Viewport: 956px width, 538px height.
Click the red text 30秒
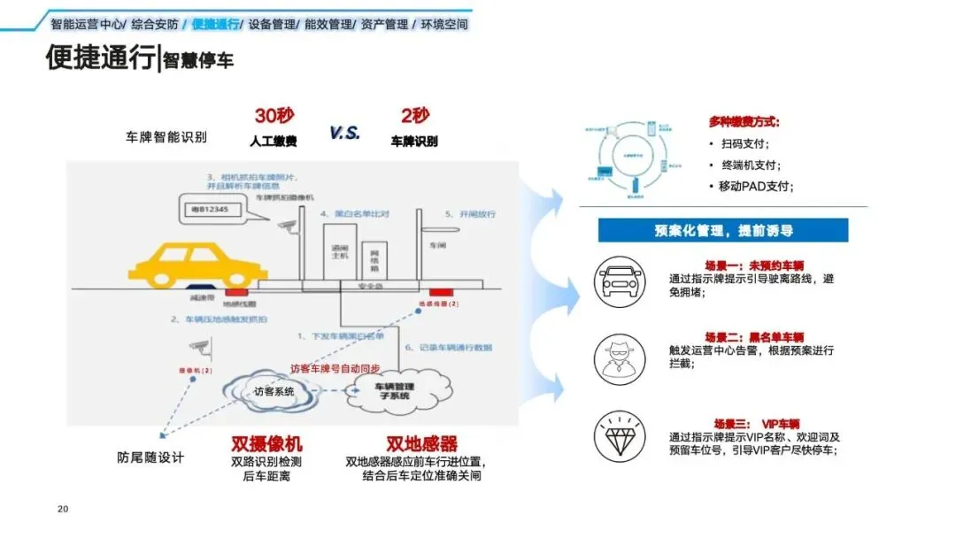point(274,116)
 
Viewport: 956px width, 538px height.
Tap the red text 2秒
point(414,116)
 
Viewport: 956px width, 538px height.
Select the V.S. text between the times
point(344,132)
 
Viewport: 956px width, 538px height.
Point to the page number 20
point(62,509)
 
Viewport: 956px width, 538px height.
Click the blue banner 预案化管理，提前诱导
point(722,230)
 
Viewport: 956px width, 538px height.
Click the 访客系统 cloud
point(274,390)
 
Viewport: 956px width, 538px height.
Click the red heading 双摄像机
point(266,443)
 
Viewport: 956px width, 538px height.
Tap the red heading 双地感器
point(421,443)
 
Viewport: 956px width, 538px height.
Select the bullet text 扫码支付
point(745,143)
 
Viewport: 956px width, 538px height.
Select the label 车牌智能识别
point(166,137)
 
